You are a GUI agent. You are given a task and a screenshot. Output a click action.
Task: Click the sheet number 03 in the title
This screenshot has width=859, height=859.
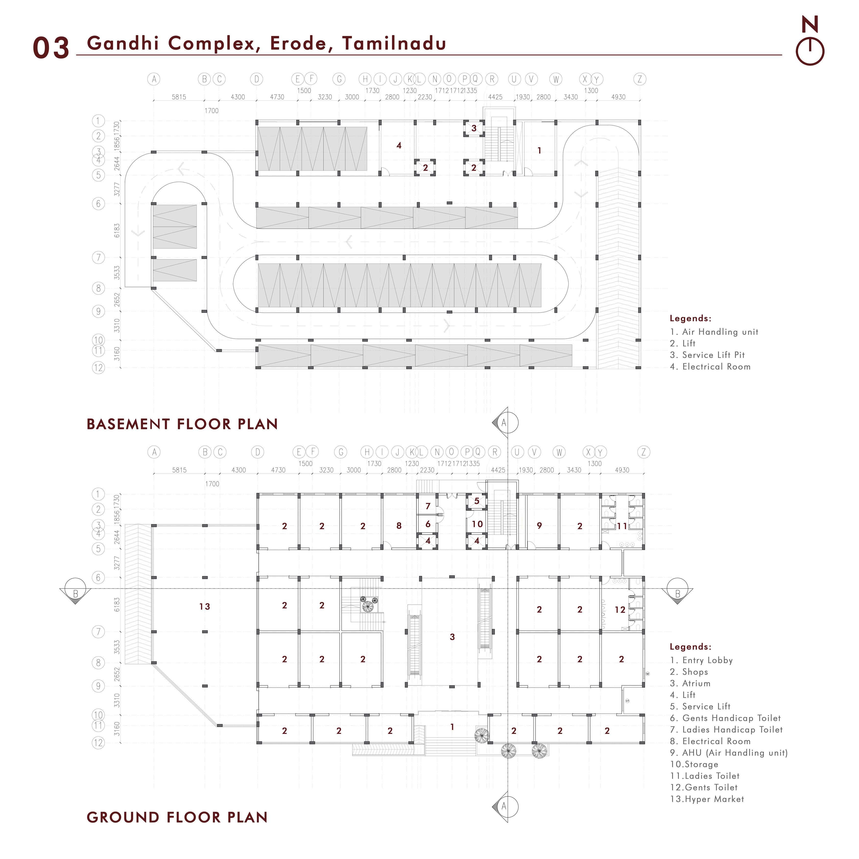[x=51, y=48]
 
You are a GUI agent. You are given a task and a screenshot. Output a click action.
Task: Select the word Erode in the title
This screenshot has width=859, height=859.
[x=299, y=43]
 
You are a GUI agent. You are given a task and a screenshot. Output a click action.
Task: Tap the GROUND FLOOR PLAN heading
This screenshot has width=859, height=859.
[x=177, y=817]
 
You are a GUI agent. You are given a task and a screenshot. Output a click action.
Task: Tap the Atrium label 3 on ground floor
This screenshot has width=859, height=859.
[x=452, y=637]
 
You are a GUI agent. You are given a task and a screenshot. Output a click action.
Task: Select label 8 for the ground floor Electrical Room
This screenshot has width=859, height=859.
[x=399, y=525]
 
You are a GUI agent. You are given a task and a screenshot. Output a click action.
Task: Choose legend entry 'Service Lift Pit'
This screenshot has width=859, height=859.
[x=707, y=355]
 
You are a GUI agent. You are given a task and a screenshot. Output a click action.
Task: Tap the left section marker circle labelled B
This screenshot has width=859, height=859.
[x=75, y=589]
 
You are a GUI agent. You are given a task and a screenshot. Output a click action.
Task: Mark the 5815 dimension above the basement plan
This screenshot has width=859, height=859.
[x=179, y=97]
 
